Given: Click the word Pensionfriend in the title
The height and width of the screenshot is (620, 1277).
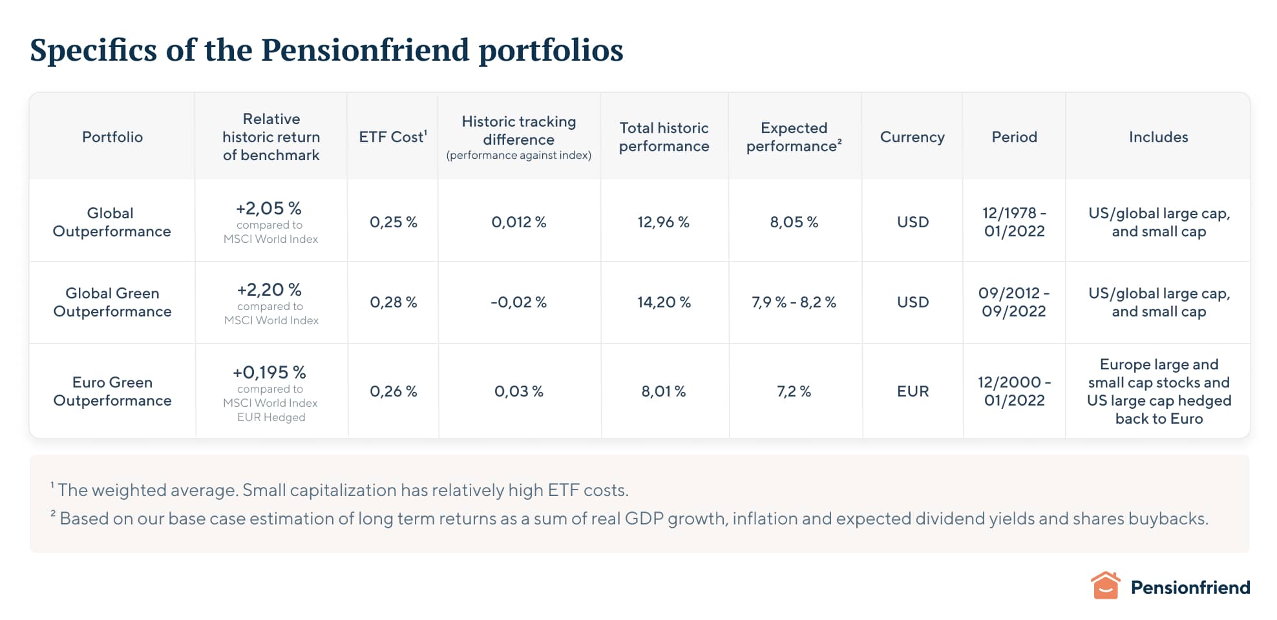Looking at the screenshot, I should pos(364,50).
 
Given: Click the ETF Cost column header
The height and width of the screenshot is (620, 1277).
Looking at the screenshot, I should pos(392,137).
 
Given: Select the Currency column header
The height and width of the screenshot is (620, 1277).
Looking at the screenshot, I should pos(912,137).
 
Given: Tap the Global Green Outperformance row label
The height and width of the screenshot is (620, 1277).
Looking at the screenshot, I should pos(112,302).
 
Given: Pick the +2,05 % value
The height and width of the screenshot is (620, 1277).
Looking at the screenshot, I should pos(269,208).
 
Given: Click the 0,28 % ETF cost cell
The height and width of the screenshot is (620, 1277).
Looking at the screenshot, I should pos(393,302).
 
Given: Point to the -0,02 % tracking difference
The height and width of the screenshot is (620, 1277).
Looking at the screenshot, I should pos(518,302).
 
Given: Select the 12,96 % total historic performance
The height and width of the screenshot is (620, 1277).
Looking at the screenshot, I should pos(663,222).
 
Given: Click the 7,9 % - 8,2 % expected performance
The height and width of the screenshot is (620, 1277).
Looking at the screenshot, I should pos(794,302).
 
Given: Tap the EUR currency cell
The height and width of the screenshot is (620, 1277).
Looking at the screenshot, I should pos(913,391).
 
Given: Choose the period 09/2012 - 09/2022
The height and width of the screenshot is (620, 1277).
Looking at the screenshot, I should pos(1013,302).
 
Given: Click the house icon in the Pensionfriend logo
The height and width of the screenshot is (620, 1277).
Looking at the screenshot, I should pos(1105,586).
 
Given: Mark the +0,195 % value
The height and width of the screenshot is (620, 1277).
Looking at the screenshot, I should pos(269,372).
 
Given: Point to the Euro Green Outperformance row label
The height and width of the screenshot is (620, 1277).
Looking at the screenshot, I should pos(112,391).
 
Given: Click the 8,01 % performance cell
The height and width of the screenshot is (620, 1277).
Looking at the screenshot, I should pos(663,391).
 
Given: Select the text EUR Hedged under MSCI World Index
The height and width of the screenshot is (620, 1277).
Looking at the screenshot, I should pos(271,417).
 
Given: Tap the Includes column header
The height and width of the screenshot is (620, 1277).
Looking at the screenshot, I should pos(1158,137).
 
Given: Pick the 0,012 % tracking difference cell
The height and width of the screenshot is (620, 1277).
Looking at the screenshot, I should pos(518,222).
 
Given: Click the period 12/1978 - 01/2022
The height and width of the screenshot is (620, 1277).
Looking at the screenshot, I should pos(1014,222).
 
